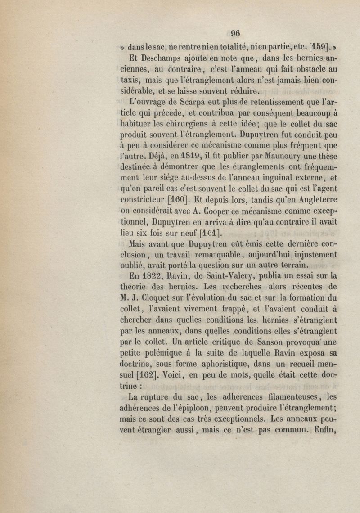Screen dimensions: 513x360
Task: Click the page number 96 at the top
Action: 235,33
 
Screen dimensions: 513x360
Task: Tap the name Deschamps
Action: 160,58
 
